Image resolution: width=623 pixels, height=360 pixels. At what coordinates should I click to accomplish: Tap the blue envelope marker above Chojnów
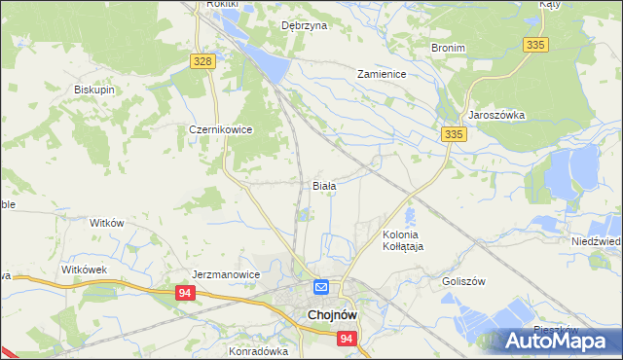coord(320,288)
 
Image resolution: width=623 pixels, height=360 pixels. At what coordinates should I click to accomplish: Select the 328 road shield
coord(202,61)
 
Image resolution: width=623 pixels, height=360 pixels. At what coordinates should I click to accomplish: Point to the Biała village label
coord(324,185)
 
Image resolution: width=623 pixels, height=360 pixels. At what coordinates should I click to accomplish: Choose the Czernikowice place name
coord(221,128)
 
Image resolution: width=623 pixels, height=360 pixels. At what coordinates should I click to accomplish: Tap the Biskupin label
coord(94,90)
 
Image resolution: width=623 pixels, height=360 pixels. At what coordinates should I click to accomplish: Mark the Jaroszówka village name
coord(496,114)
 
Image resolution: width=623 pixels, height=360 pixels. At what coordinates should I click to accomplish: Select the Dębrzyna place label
coord(303,26)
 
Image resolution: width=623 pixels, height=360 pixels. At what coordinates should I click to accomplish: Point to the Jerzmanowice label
coord(226,274)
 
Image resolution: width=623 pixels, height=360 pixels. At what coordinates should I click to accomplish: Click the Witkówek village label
coord(83,269)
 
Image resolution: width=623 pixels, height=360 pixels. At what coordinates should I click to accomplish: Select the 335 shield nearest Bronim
coord(535,45)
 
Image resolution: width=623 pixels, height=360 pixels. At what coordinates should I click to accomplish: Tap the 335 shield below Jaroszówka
coord(452,134)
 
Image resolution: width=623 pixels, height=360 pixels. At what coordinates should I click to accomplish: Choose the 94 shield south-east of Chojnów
coord(347,339)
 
